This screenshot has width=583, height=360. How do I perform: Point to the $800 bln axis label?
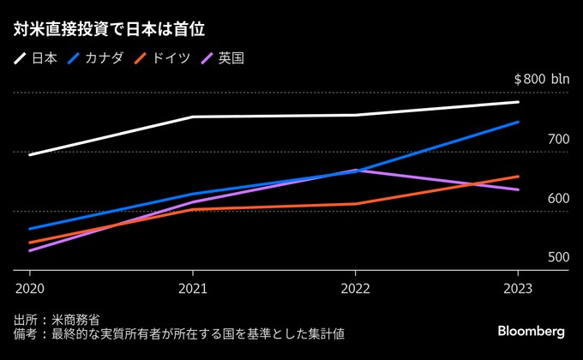pos(541,79)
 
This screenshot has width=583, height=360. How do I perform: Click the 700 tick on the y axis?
pos(558,139)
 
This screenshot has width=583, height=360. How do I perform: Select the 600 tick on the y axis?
pos(558,198)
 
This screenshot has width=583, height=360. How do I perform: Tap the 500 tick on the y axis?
pos(558,257)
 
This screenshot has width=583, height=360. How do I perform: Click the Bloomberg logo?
pos(531,331)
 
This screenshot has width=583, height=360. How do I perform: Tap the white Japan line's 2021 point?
pos(193,117)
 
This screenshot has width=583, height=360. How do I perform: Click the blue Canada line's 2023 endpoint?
pos(518,123)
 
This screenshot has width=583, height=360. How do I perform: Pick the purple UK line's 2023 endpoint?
pos(518,189)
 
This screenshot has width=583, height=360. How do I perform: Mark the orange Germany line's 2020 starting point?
pos(30,243)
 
